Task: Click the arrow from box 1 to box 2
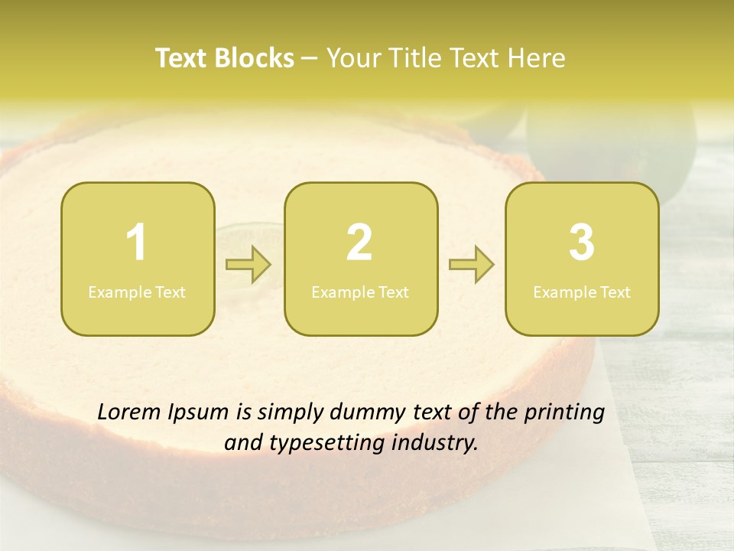point(248,266)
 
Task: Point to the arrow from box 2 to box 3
point(471,266)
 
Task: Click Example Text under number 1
point(137,292)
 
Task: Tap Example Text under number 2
point(360,292)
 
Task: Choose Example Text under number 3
point(582,292)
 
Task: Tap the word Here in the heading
point(537,58)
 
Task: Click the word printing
point(564,413)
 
